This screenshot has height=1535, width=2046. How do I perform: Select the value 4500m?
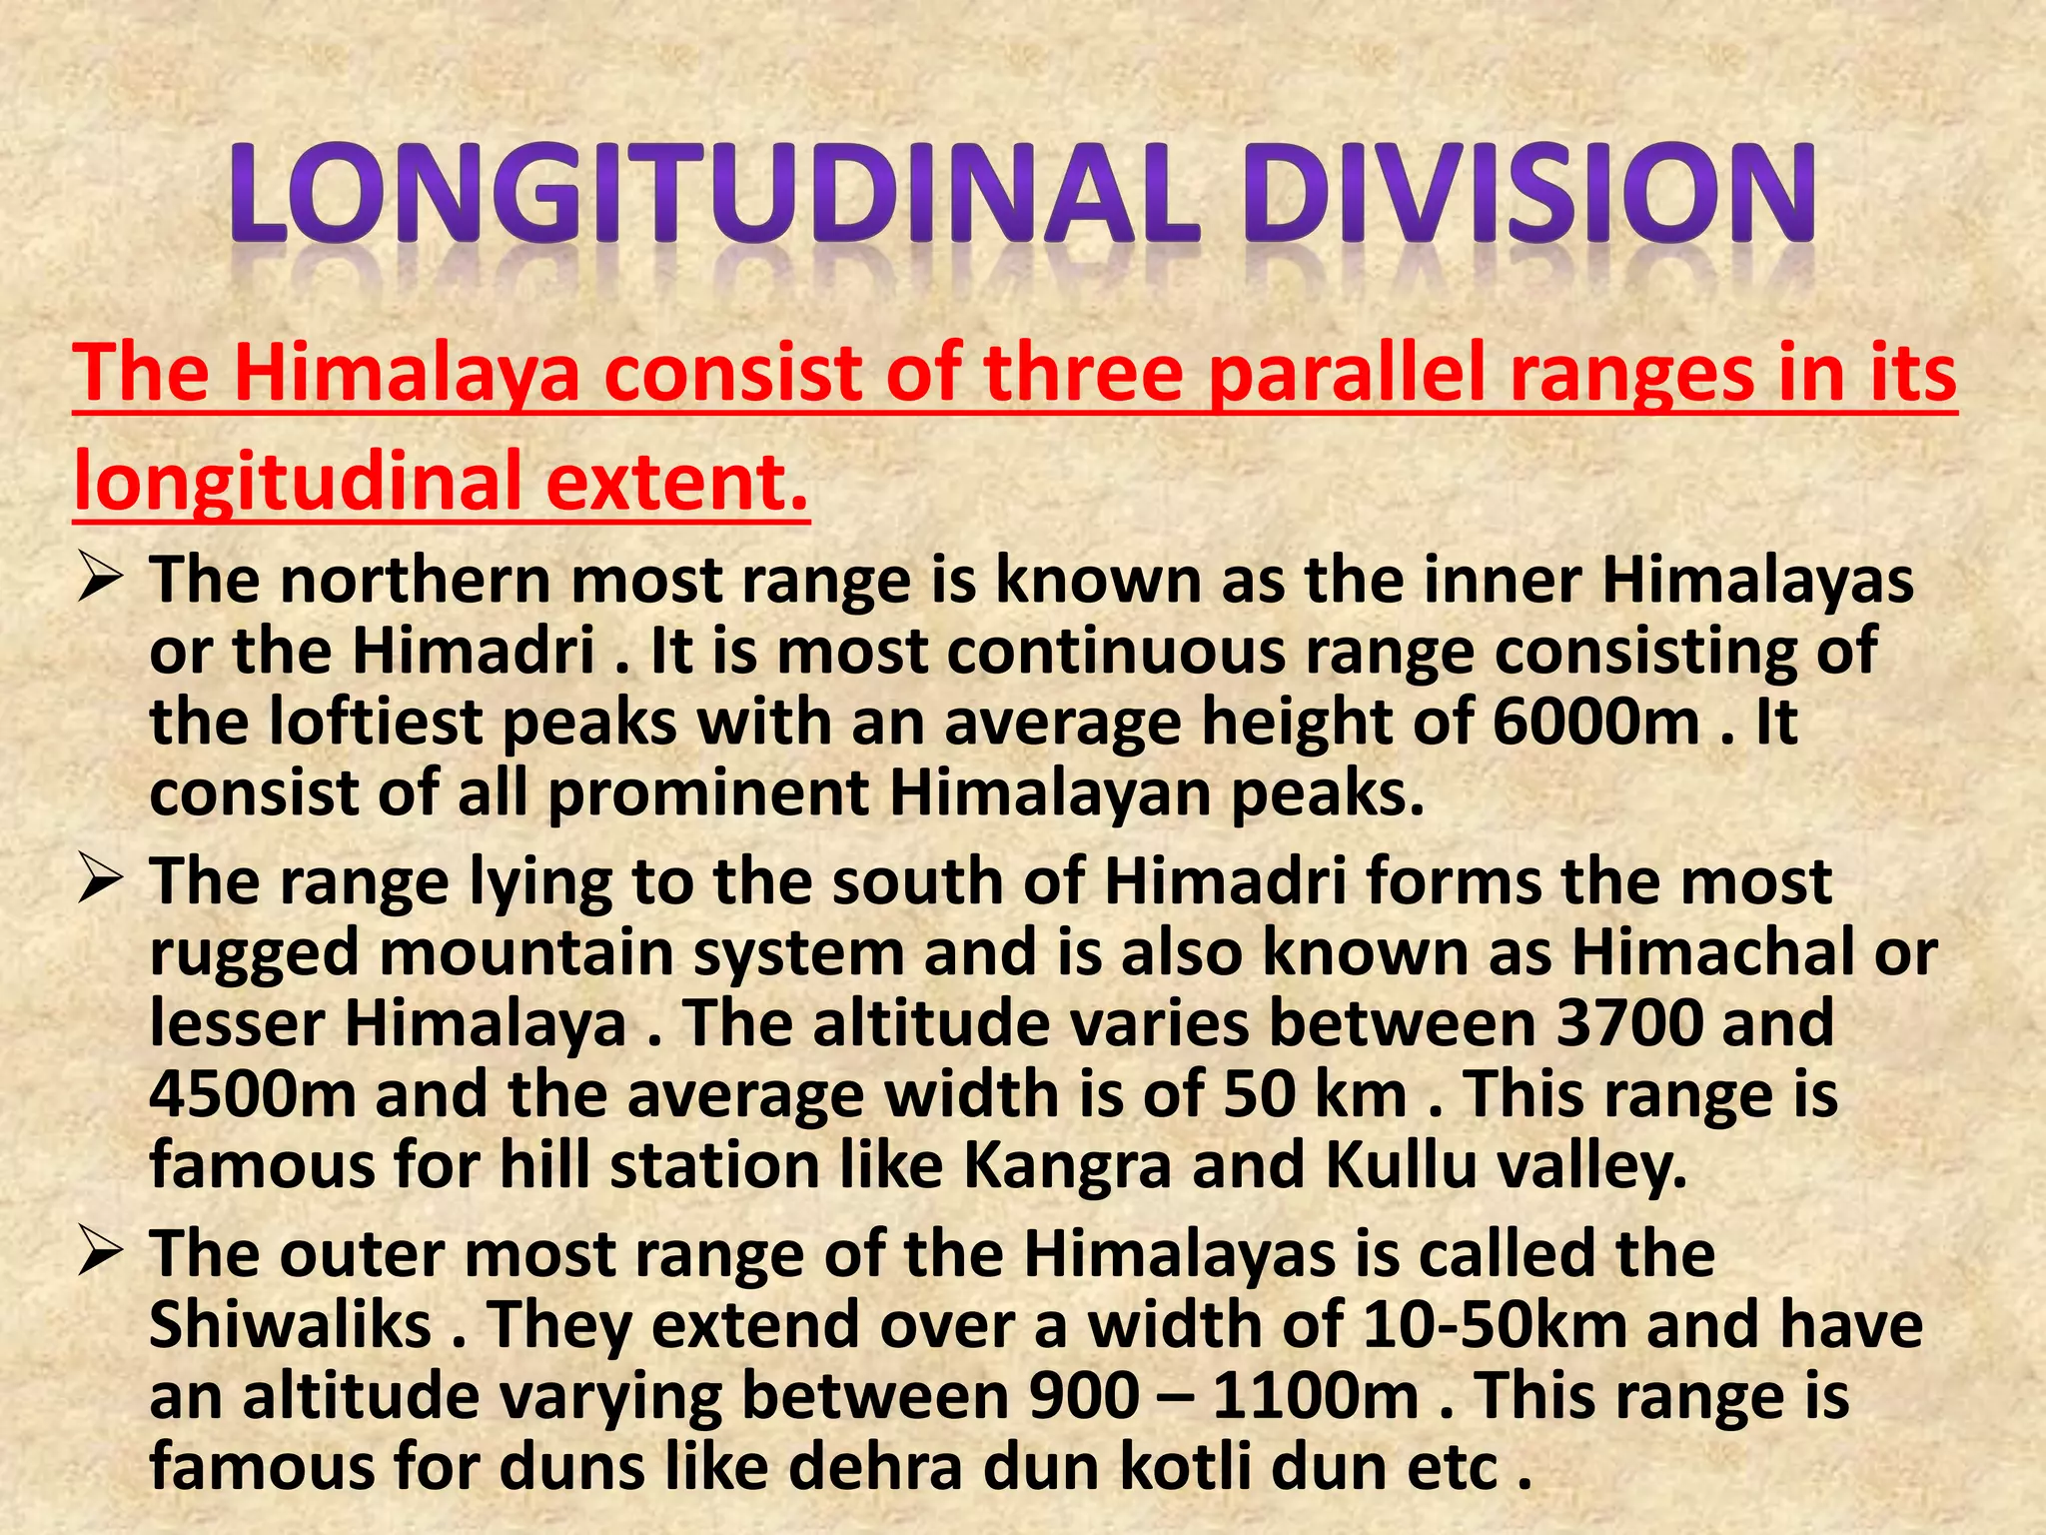tap(252, 1094)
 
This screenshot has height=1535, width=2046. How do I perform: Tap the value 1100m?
tap(1315, 1395)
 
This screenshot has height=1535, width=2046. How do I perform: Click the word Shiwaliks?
tap(290, 1324)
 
